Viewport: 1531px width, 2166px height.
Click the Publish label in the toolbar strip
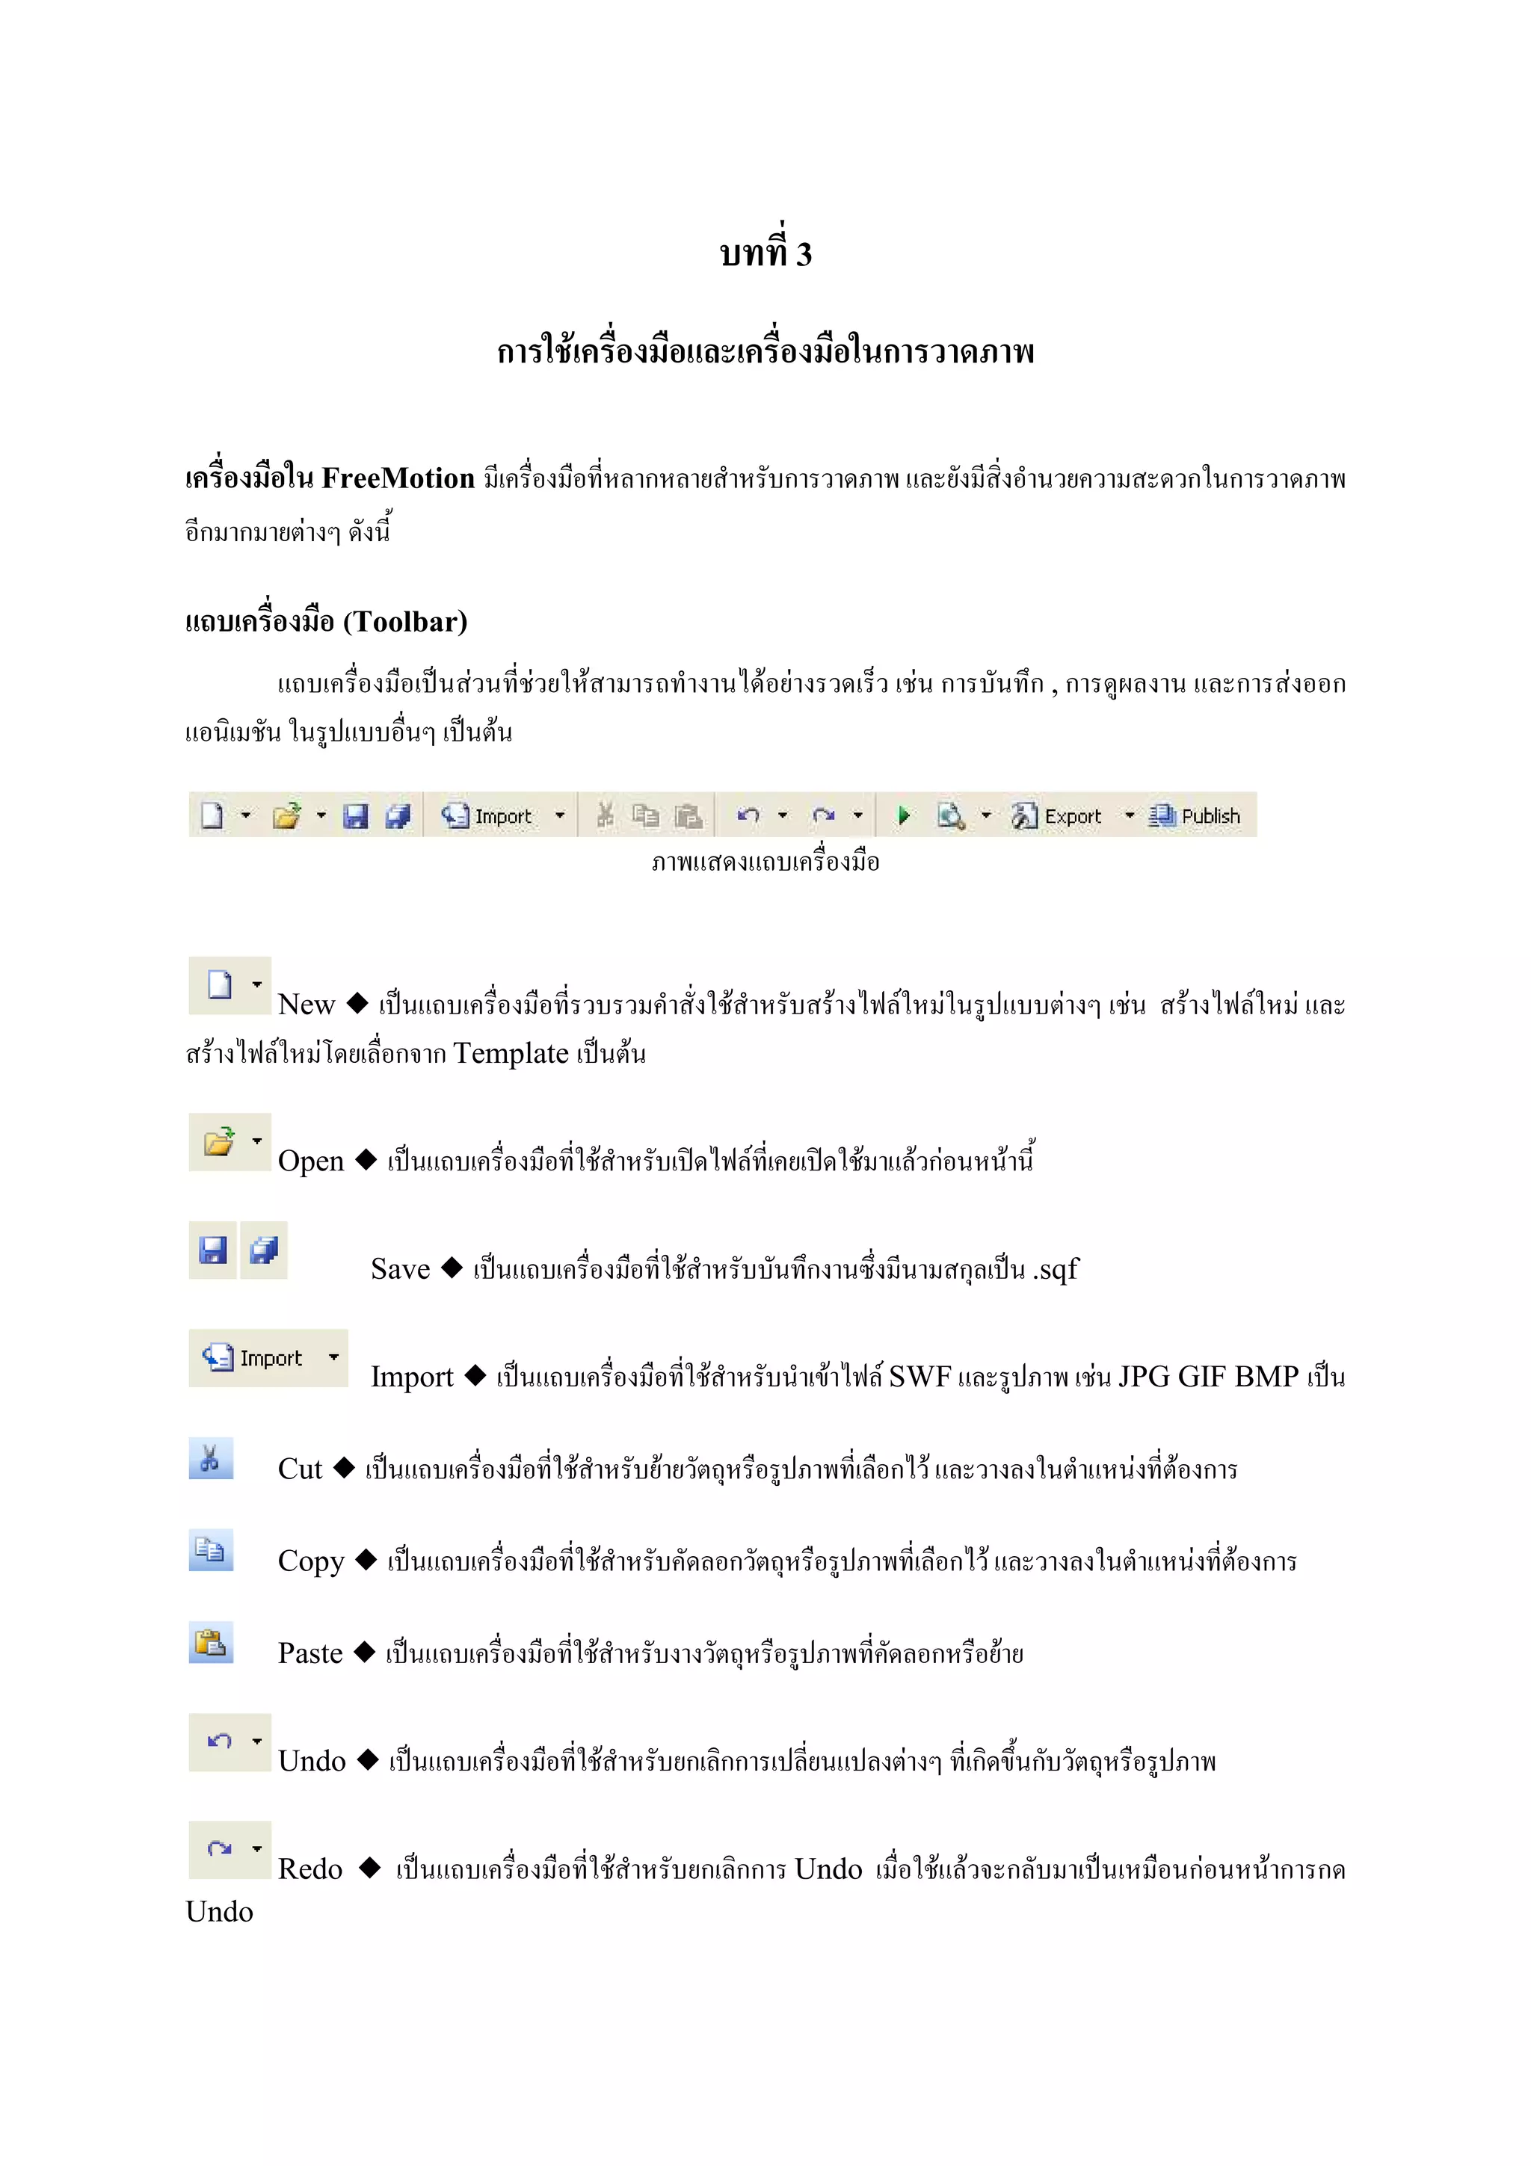(1210, 816)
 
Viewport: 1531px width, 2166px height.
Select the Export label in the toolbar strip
(1073, 816)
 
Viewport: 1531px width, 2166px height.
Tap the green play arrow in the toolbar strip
(904, 815)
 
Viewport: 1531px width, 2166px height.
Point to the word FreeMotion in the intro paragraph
(398, 478)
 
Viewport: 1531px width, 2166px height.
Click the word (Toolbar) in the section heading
(406, 622)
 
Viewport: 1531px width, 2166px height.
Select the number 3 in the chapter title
(804, 255)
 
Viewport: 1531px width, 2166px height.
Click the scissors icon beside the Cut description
(210, 1458)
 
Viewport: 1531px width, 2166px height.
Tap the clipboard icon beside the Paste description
(210, 1642)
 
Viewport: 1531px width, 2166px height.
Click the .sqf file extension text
(1056, 1270)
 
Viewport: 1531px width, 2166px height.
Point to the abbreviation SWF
(919, 1377)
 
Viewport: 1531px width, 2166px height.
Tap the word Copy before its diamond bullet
(311, 1561)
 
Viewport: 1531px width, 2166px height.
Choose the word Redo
(309, 1869)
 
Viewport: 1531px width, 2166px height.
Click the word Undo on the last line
(219, 1912)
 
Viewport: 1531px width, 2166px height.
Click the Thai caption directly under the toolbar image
(765, 861)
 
